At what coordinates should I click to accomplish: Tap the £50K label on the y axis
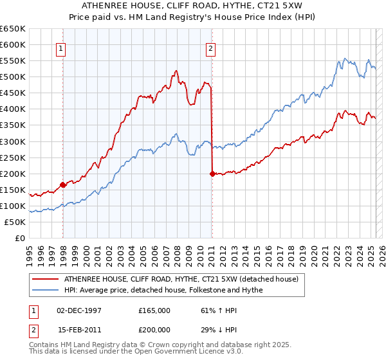(15, 222)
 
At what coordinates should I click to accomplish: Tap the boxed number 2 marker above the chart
(211, 47)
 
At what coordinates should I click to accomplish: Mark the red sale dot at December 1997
(62, 184)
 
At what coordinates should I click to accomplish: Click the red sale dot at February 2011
(212, 173)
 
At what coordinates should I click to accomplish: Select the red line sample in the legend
(44, 280)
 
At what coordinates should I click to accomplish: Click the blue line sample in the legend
(44, 290)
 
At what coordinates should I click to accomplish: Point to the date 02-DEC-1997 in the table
(79, 310)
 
